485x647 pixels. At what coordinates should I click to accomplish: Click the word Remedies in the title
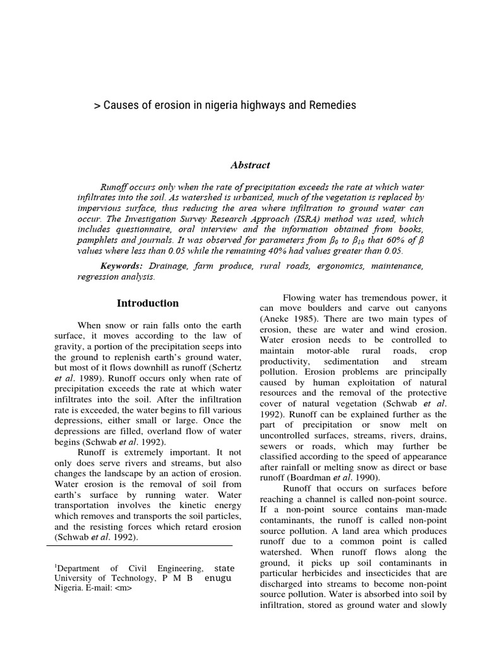[x=330, y=105]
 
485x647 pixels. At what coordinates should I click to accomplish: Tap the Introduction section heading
[x=147, y=303]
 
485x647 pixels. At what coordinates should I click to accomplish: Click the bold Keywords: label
[x=123, y=267]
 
